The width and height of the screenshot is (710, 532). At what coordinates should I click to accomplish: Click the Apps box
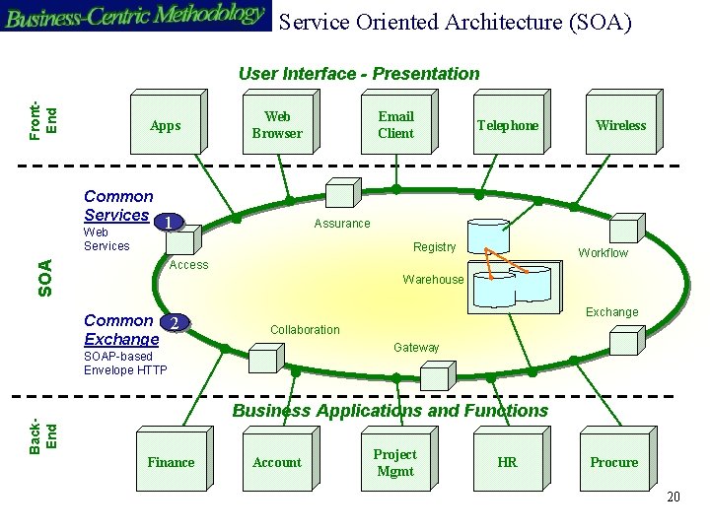(x=165, y=125)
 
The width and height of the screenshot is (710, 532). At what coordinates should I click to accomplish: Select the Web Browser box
(x=277, y=125)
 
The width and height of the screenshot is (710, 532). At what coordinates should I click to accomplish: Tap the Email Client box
(x=395, y=125)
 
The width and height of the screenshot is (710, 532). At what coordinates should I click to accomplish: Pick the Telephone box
(x=508, y=125)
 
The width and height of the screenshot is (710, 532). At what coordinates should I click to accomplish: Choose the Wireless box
(x=620, y=125)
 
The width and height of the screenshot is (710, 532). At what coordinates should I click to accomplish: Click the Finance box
(x=171, y=462)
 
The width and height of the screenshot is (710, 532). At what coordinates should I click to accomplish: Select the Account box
(x=277, y=462)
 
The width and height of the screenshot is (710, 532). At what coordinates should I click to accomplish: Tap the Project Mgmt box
(x=394, y=462)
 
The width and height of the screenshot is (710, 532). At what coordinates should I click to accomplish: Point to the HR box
(x=507, y=462)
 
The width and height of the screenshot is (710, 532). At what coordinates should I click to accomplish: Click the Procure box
(x=614, y=462)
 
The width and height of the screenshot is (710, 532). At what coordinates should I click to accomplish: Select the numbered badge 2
(x=175, y=323)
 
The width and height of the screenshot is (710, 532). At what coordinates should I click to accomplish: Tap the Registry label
(x=434, y=247)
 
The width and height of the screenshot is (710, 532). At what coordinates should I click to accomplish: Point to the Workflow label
(x=603, y=253)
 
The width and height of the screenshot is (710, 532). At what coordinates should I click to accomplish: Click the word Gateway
(x=416, y=348)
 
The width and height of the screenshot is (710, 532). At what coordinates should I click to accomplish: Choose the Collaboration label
(x=305, y=330)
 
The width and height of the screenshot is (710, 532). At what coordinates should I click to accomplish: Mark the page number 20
(x=674, y=497)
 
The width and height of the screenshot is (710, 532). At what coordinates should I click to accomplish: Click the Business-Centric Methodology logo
(x=135, y=16)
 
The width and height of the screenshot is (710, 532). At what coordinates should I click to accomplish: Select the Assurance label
(x=341, y=224)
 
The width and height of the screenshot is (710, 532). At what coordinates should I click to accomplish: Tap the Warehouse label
(x=433, y=280)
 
